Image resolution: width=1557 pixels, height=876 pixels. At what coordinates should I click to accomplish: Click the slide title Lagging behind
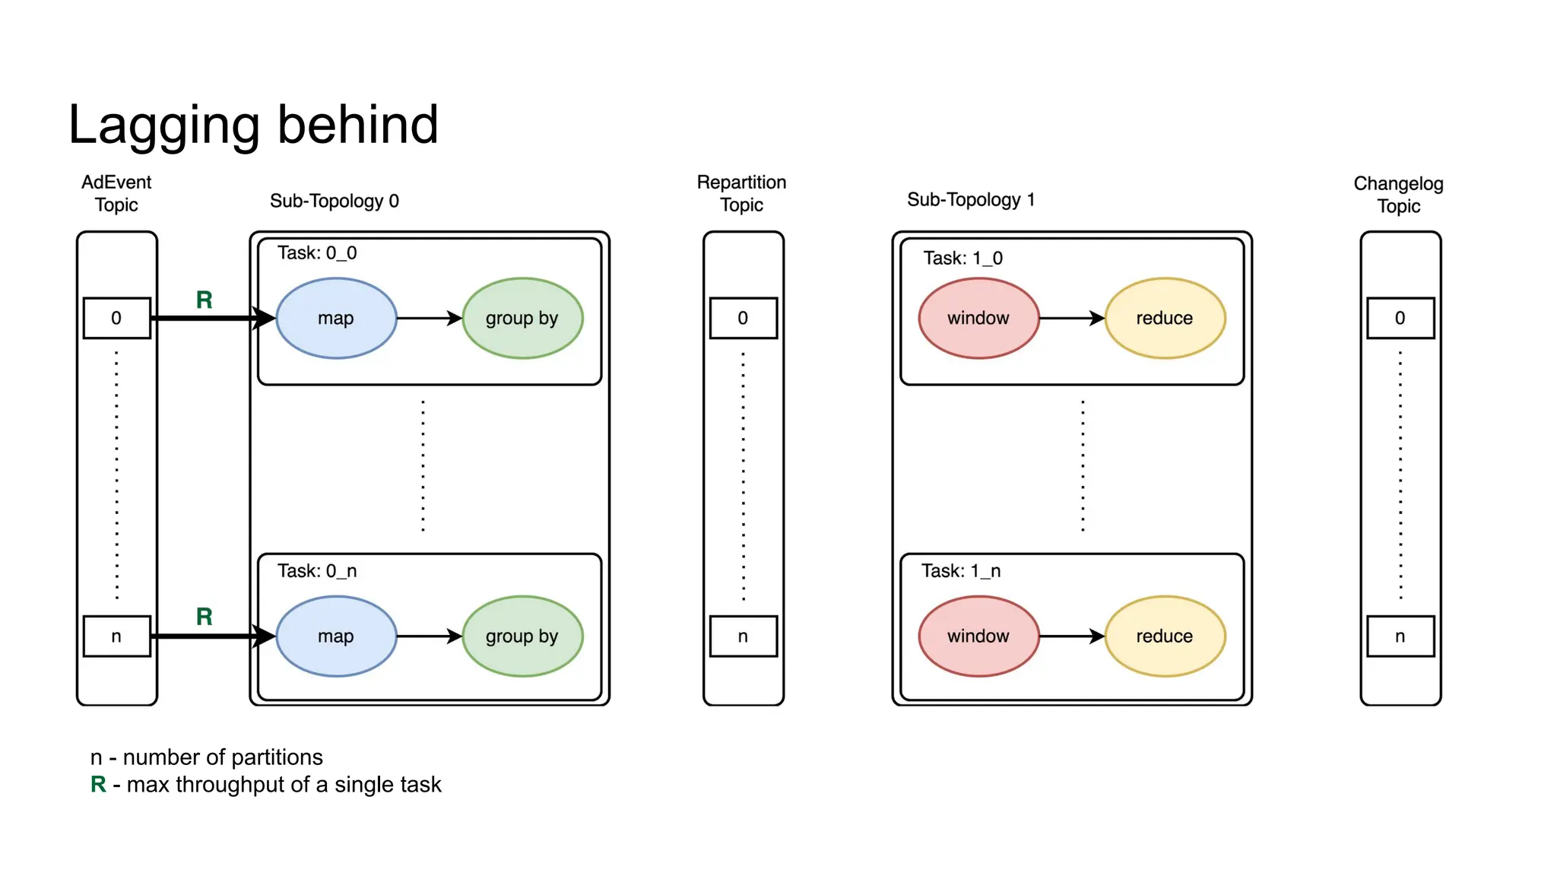click(x=253, y=125)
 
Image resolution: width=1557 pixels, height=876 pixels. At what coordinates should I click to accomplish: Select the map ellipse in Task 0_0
click(x=336, y=318)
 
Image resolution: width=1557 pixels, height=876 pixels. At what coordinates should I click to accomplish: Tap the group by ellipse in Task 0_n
click(x=522, y=636)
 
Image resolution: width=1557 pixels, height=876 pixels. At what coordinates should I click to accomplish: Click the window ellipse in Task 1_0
click(x=978, y=318)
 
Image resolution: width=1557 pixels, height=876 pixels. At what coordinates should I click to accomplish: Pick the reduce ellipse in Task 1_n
click(x=1164, y=636)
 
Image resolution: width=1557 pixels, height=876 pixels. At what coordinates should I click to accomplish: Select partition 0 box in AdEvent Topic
click(x=116, y=318)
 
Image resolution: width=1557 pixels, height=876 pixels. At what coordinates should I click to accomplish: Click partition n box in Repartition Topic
click(x=743, y=636)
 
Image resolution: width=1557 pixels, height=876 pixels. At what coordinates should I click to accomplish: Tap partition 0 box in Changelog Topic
click(x=1400, y=318)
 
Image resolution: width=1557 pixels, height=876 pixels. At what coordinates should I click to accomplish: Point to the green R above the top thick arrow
click(x=204, y=300)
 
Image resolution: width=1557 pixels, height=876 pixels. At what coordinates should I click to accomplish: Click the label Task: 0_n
click(x=316, y=570)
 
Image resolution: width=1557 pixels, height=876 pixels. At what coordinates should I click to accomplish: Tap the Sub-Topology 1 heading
click(x=970, y=199)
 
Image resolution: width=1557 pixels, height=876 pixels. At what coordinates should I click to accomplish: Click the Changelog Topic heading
click(x=1398, y=195)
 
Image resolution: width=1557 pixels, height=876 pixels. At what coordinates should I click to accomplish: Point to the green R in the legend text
click(x=98, y=784)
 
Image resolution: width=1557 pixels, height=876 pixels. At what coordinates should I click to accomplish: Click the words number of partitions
click(x=223, y=757)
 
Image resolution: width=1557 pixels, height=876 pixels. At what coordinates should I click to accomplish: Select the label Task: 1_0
click(x=962, y=258)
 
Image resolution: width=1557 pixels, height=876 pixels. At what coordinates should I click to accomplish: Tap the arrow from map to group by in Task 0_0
click(x=428, y=318)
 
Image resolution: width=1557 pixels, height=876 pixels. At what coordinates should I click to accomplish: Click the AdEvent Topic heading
click(x=116, y=193)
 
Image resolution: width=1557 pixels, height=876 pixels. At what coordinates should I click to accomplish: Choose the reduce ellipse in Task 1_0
click(x=1164, y=318)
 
